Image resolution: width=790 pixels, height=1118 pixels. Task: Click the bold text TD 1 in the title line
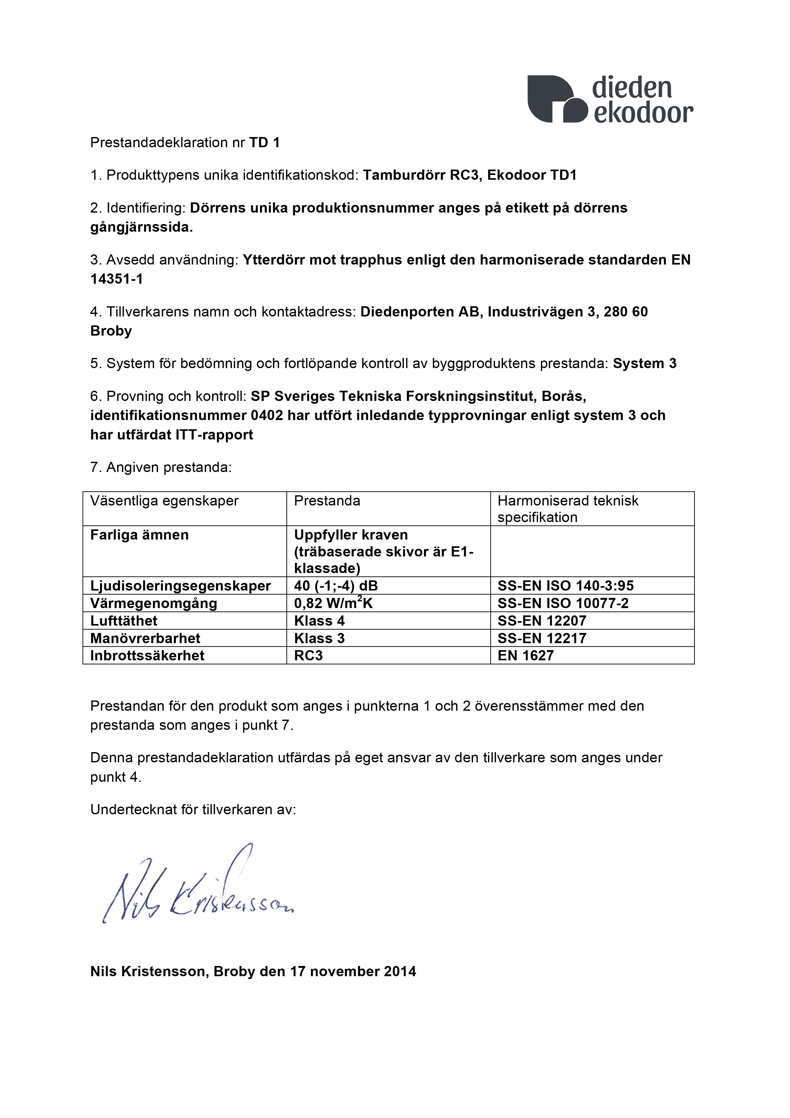[x=264, y=143]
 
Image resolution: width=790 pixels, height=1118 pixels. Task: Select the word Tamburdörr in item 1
[x=404, y=175]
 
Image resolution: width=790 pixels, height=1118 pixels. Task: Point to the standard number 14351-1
[x=117, y=279]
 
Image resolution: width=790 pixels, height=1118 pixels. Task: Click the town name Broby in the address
[x=111, y=331]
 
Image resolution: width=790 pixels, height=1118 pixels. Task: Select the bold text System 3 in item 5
[x=644, y=364]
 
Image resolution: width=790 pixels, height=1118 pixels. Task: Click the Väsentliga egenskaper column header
[x=164, y=501]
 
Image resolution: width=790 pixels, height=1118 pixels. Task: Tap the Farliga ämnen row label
[x=139, y=535]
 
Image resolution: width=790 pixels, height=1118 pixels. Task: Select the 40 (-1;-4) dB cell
[x=336, y=586]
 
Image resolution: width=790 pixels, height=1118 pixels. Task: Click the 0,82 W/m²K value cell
[x=334, y=603]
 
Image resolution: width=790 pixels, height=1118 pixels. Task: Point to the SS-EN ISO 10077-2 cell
[x=563, y=603]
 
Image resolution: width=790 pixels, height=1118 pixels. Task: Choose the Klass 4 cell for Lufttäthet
[x=319, y=621]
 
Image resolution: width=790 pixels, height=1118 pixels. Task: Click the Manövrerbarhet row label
[x=145, y=638]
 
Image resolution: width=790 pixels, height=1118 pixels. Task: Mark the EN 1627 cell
[x=526, y=656]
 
